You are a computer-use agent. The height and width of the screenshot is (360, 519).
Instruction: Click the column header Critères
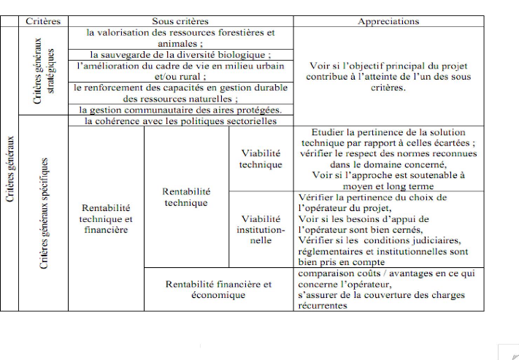coord(42,21)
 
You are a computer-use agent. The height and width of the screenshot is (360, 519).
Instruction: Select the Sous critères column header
coord(180,21)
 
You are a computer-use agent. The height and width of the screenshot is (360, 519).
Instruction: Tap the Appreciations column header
coord(388,21)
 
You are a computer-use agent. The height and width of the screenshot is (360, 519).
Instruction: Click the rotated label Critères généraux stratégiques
coord(42,72)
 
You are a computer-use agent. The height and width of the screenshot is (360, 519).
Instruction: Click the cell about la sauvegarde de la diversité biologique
coord(180,55)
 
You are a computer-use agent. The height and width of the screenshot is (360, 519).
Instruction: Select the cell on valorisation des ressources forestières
coord(180,38)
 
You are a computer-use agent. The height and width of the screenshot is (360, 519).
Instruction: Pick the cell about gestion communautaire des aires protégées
coord(180,110)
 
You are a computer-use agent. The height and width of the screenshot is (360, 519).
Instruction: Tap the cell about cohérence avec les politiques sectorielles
coord(180,120)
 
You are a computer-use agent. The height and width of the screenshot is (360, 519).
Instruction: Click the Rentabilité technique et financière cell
coord(106,218)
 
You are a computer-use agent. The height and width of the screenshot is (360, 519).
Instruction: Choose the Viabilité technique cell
coord(261,158)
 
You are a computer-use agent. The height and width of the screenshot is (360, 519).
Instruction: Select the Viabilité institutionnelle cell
coord(261,229)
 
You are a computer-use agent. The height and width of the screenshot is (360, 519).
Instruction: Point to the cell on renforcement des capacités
coord(180,93)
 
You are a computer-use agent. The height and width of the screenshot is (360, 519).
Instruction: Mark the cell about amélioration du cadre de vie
coord(180,71)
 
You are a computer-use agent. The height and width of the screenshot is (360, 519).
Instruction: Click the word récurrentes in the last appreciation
coord(323,306)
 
